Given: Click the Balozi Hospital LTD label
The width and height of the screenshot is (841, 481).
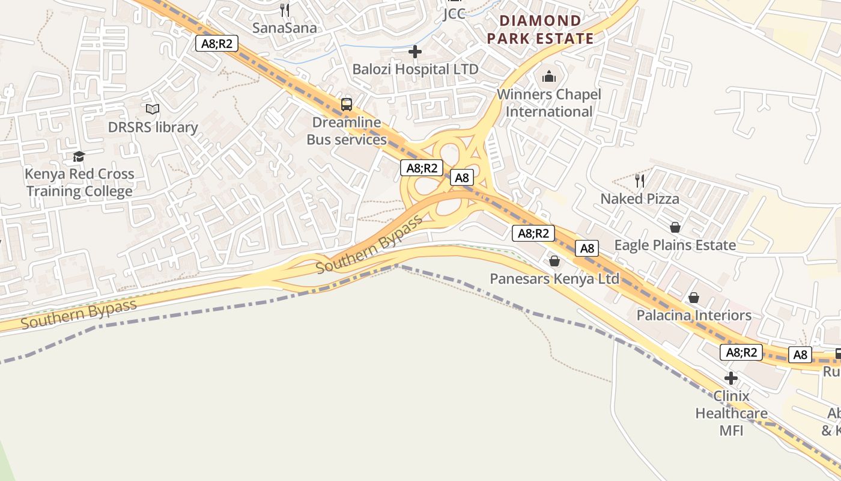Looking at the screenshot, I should coord(415,69).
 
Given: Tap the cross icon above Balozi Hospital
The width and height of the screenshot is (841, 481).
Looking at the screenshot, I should coord(415,52).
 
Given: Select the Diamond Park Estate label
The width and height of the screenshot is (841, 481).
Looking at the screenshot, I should coord(540,29).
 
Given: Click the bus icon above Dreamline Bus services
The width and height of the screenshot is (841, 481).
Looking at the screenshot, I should coord(347,104).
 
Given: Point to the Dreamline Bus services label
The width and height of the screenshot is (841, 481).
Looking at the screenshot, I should coord(347,131).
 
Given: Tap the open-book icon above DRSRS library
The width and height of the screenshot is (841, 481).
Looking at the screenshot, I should coord(153,109).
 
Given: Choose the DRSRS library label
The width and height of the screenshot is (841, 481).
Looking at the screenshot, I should coord(153,127).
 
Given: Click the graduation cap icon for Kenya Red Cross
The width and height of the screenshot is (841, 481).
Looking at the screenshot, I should coord(79,157).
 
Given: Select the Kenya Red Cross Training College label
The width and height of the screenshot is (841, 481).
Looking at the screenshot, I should coord(79,183).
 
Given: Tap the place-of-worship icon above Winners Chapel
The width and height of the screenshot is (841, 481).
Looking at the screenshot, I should coord(548,76).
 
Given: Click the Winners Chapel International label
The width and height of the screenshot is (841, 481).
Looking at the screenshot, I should coord(548,103).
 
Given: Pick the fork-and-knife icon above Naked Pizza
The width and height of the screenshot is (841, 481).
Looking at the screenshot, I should coord(640,180).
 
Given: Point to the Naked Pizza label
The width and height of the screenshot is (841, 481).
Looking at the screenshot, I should coord(640,198).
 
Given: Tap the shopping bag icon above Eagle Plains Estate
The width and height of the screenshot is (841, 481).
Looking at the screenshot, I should coord(675,227).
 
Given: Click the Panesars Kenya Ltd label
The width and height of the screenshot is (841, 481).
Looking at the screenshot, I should coord(554,279).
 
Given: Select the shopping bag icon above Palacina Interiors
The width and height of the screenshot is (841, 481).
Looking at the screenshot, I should coord(694,298).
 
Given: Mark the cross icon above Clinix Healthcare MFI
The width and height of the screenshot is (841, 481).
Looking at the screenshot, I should coord(731,378).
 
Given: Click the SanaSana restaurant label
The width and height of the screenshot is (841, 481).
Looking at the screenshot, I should coord(284,28).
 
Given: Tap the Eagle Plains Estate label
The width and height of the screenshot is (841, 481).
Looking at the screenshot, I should coord(675,245).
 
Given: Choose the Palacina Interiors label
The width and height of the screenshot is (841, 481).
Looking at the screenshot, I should coord(694,315).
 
